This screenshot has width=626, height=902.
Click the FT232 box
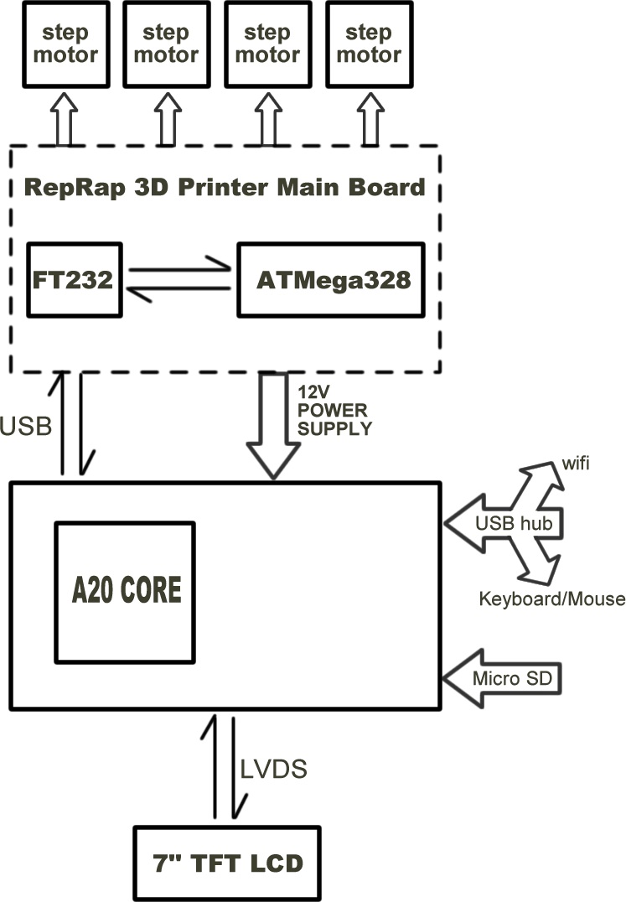pos(75,279)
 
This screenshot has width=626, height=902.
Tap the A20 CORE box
pos(125,590)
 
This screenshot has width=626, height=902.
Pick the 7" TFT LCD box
pos(226,863)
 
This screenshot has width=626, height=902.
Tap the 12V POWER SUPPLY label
pos(334,410)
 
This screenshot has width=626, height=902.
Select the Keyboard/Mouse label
pos(551,599)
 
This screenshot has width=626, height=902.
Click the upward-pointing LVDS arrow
pos(215,763)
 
